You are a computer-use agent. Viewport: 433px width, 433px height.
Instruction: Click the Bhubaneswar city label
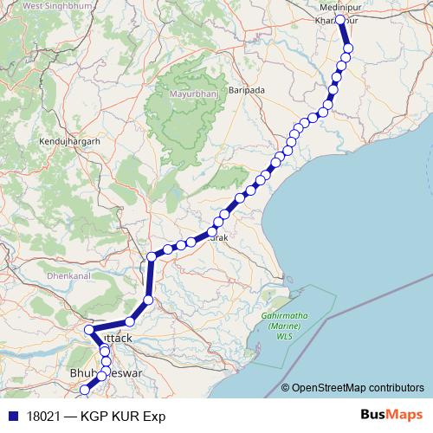tap(104, 373)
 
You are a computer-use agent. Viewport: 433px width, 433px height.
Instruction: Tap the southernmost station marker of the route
tap(84, 391)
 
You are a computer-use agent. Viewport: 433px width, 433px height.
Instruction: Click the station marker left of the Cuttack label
tap(89, 330)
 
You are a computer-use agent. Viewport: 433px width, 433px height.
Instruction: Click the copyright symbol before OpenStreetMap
tap(286, 389)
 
